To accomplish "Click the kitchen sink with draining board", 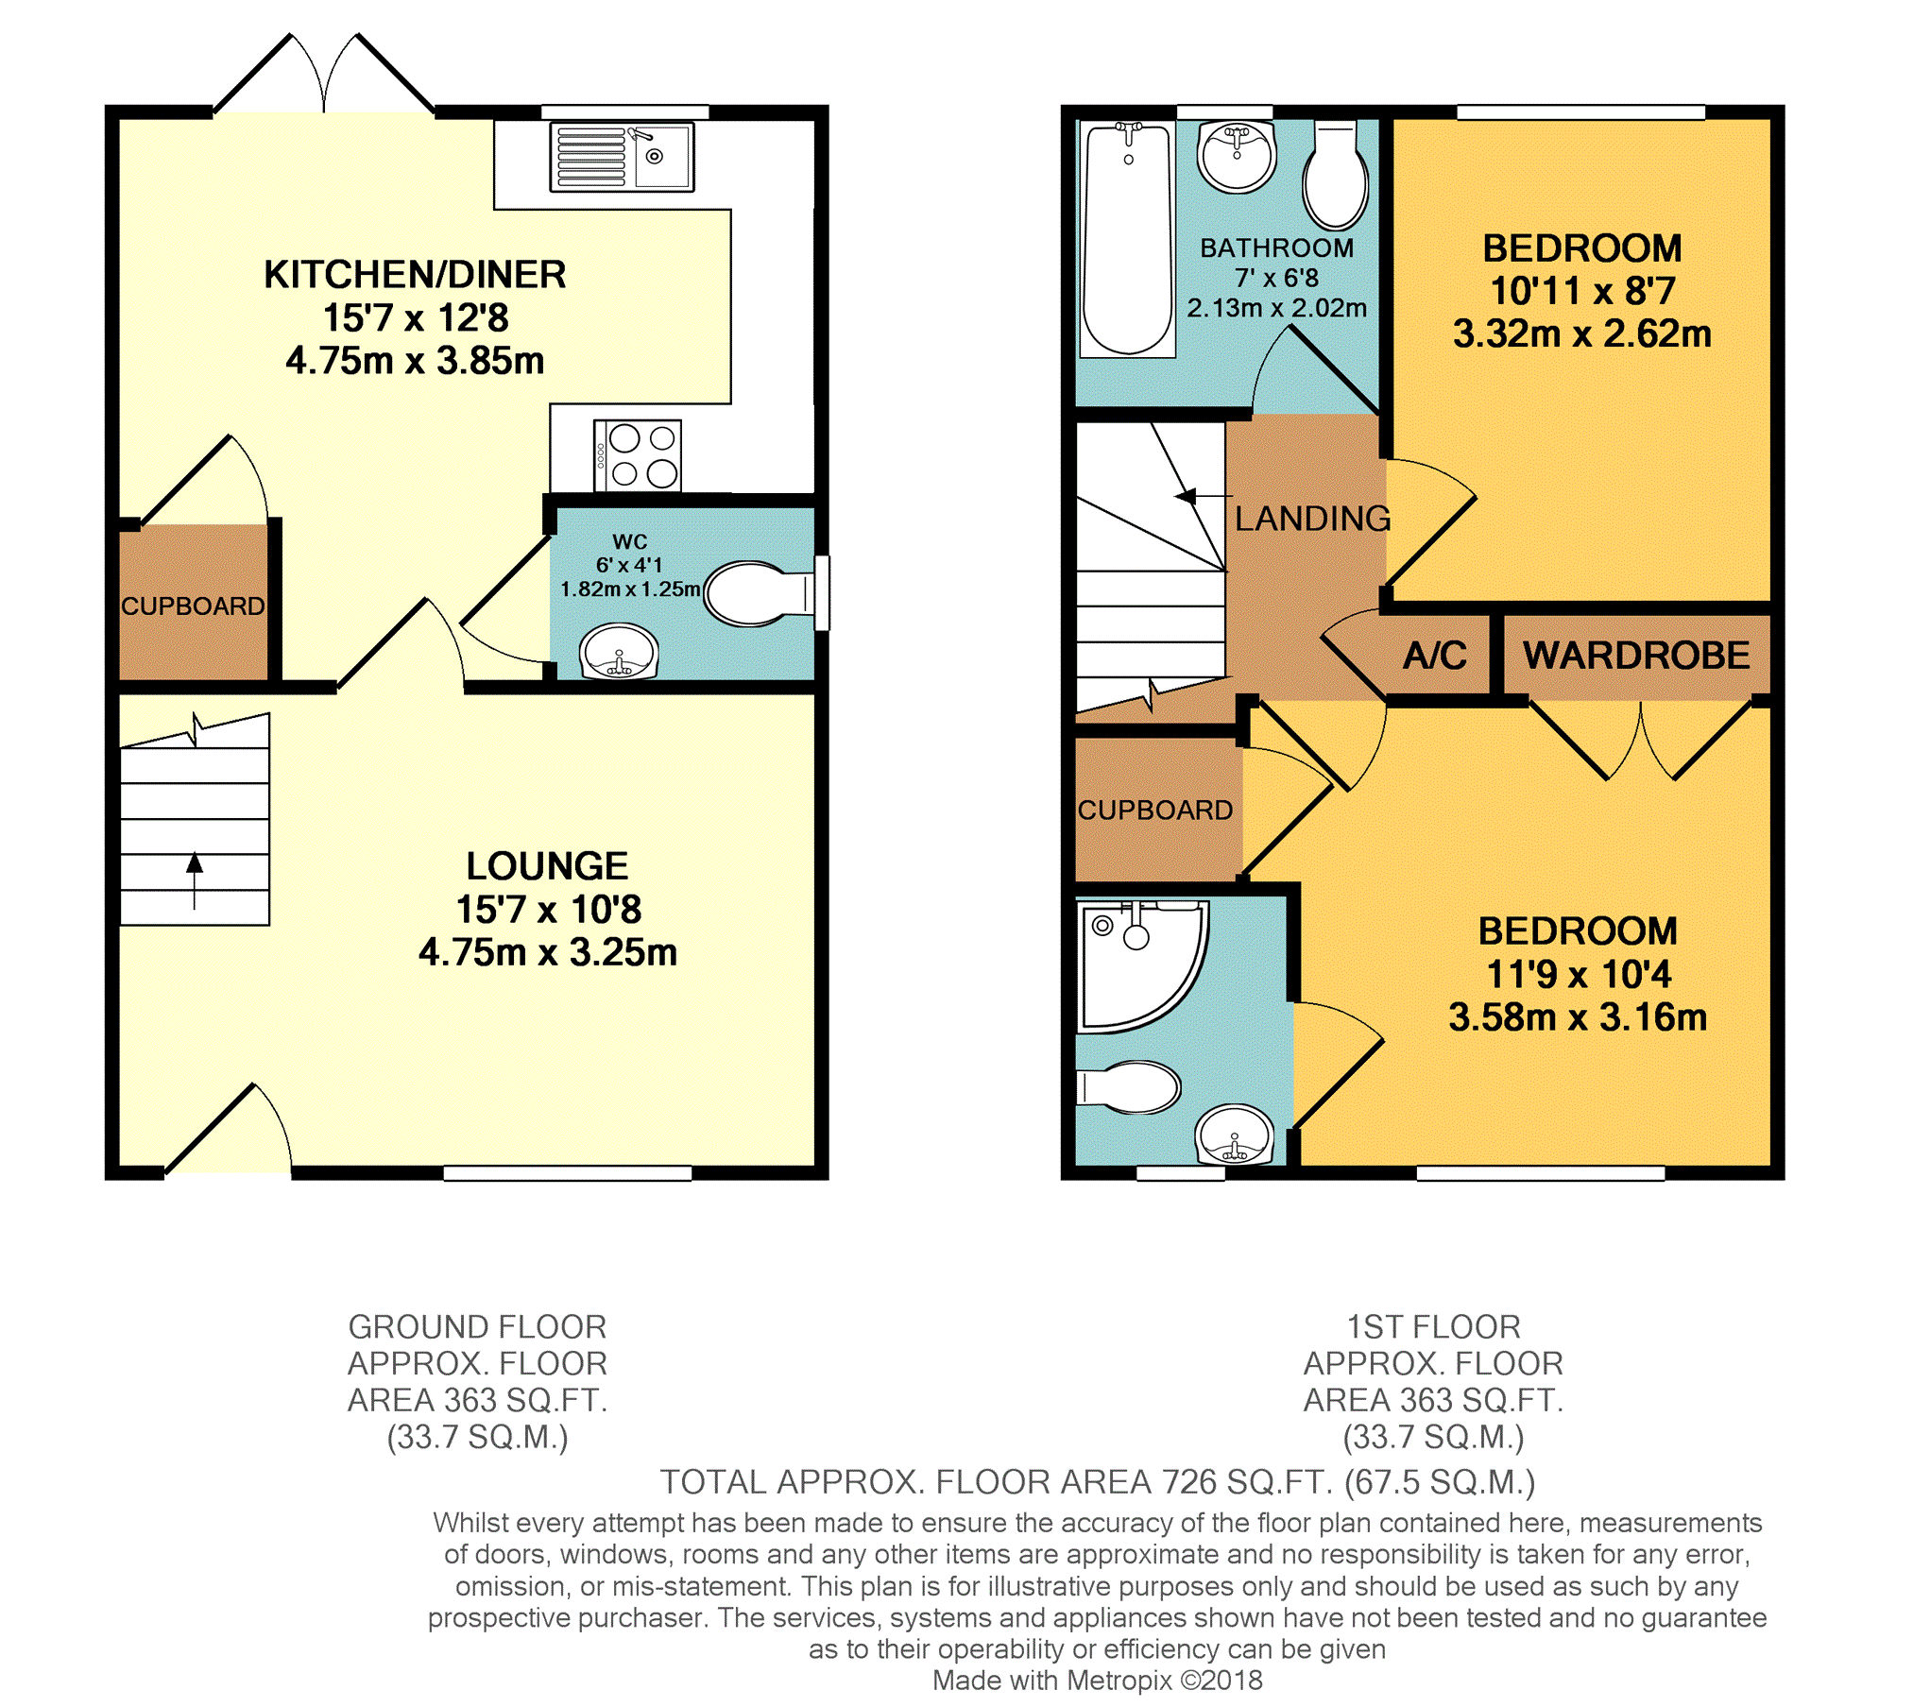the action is click(622, 157).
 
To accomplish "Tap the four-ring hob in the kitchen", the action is click(638, 455).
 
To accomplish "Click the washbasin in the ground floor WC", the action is click(619, 652).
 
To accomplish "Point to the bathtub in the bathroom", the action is click(1128, 240).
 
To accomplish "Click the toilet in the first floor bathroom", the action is click(1335, 176).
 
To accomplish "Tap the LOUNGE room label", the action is click(547, 866).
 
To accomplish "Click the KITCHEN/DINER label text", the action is click(415, 275).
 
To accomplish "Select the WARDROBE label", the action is click(1636, 656).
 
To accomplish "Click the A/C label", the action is click(1435, 656).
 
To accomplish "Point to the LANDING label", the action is click(1312, 519).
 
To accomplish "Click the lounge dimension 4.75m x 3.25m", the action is click(548, 952).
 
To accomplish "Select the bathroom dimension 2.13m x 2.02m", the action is click(1276, 308).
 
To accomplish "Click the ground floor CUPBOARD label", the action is click(193, 606).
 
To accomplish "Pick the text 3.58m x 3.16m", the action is click(1578, 1017).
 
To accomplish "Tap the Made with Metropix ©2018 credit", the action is click(1097, 1680).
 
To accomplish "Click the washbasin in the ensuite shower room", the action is click(1234, 1134).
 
